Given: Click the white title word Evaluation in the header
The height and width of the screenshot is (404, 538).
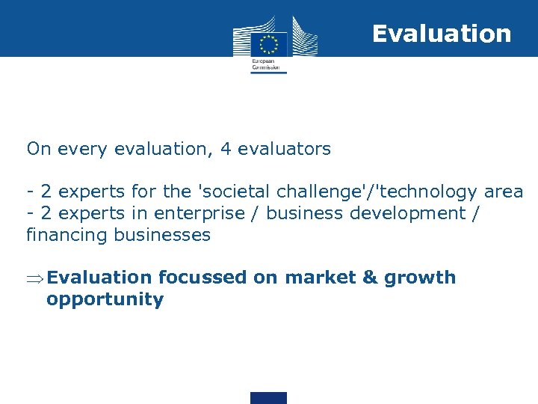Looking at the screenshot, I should pyautogui.click(x=442, y=34).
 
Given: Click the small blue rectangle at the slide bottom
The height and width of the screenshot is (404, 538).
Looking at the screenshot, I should pyautogui.click(x=268, y=397).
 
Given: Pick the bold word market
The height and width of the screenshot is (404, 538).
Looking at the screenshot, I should pyautogui.click(x=320, y=278).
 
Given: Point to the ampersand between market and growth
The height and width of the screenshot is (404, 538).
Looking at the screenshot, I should pyautogui.click(x=370, y=278).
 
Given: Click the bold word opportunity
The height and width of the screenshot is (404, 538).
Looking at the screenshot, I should pyautogui.click(x=105, y=300).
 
